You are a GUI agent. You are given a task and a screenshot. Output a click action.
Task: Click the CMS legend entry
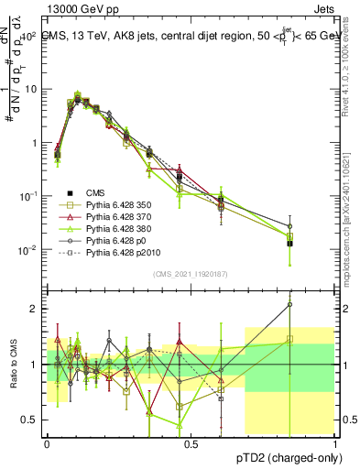pyautogui.click(x=96, y=193)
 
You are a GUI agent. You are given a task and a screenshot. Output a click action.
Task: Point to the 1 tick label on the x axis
pyautogui.click(x=334, y=442)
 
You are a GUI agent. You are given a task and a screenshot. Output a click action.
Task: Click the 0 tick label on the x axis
pyautogui.click(x=47, y=442)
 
